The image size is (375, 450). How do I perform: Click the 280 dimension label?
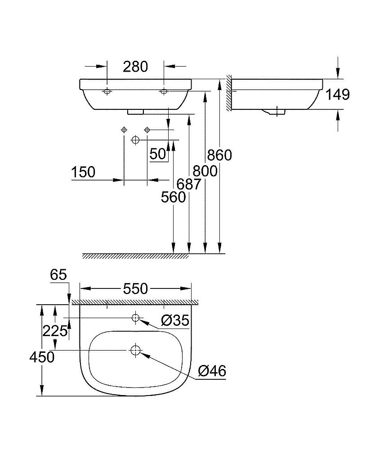[x=135, y=67]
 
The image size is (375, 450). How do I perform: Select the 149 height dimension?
[x=337, y=94]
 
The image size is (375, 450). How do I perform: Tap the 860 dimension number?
[x=219, y=155]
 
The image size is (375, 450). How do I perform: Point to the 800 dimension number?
[x=205, y=171]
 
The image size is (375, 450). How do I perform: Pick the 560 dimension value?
[x=173, y=197]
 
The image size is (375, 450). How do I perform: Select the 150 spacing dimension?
[x=83, y=172]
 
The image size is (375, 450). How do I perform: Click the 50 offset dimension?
[x=158, y=154]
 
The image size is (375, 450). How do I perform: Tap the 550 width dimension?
[x=135, y=289]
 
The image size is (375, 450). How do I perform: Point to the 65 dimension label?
[x=58, y=274]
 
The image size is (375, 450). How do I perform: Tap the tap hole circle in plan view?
[x=135, y=318]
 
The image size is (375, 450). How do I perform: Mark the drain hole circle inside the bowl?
[x=135, y=350]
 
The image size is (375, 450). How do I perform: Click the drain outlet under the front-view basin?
[x=135, y=112]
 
